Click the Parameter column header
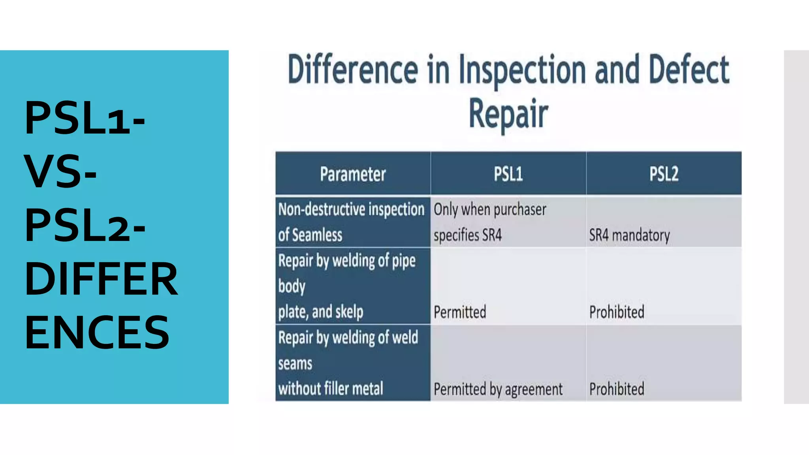(353, 174)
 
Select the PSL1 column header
(508, 174)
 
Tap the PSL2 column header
(664, 174)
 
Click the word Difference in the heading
(353, 70)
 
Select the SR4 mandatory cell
(629, 235)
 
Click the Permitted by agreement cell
(498, 389)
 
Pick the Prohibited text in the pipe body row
(617, 312)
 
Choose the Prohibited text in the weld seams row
(617, 389)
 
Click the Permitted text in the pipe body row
(460, 312)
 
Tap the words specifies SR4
(468, 235)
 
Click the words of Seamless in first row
(310, 235)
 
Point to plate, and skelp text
(320, 312)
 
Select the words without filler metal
(331, 389)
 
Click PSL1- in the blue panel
(85, 118)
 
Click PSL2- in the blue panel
(85, 225)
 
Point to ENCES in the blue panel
(97, 333)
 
